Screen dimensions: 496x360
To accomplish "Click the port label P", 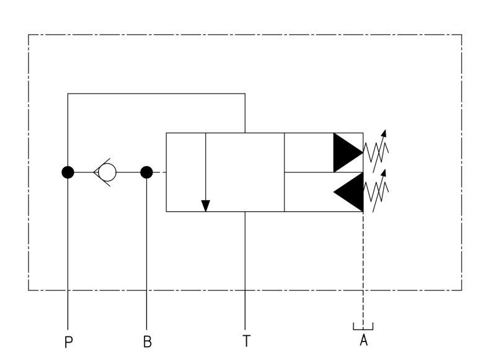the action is (69, 341).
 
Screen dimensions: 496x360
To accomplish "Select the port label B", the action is (148, 341).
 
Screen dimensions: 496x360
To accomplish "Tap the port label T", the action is (246, 341).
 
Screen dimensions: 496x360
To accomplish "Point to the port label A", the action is (364, 340).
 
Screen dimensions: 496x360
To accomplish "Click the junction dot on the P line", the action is (68, 172).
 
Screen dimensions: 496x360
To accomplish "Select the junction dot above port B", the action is (146, 172).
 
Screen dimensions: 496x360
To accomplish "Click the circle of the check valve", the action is (107, 172).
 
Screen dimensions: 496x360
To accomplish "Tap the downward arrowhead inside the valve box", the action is (206, 206).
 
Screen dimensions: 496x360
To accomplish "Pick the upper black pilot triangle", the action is (348, 152).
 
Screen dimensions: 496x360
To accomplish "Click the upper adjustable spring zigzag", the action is (376, 152).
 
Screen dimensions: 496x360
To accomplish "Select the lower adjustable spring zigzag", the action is (376, 191).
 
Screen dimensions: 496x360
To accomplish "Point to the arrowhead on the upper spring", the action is (384, 133).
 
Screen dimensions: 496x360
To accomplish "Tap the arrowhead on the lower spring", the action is (384, 173).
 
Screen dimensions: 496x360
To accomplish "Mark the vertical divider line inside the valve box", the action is (285, 172).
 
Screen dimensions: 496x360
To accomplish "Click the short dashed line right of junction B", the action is (160, 172).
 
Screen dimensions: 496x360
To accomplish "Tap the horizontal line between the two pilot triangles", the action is (324, 172).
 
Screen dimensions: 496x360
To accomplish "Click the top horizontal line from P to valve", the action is (156, 94).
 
